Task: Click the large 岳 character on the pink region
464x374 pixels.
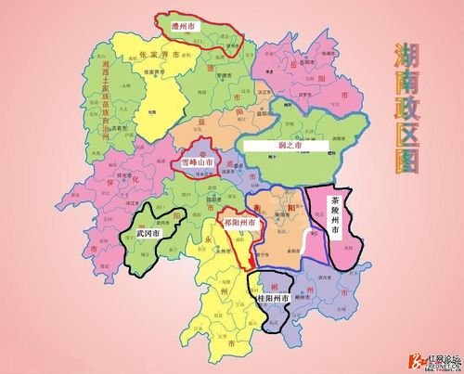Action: pos(293,66)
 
